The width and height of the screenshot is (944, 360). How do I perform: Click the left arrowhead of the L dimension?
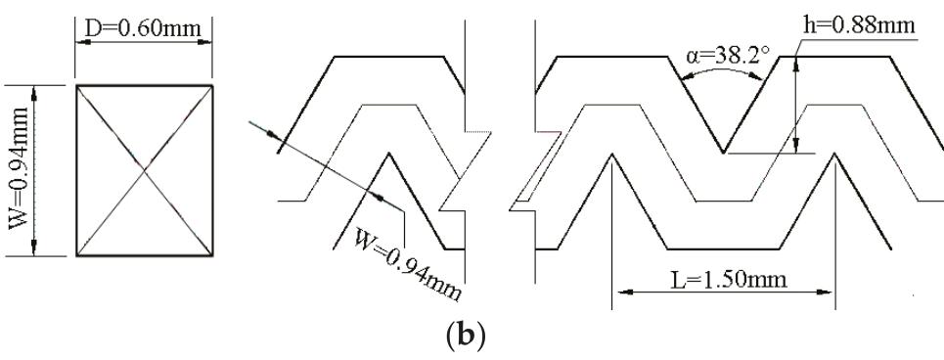(x=618, y=292)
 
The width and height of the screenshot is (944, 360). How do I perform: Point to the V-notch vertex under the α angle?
(x=724, y=153)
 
